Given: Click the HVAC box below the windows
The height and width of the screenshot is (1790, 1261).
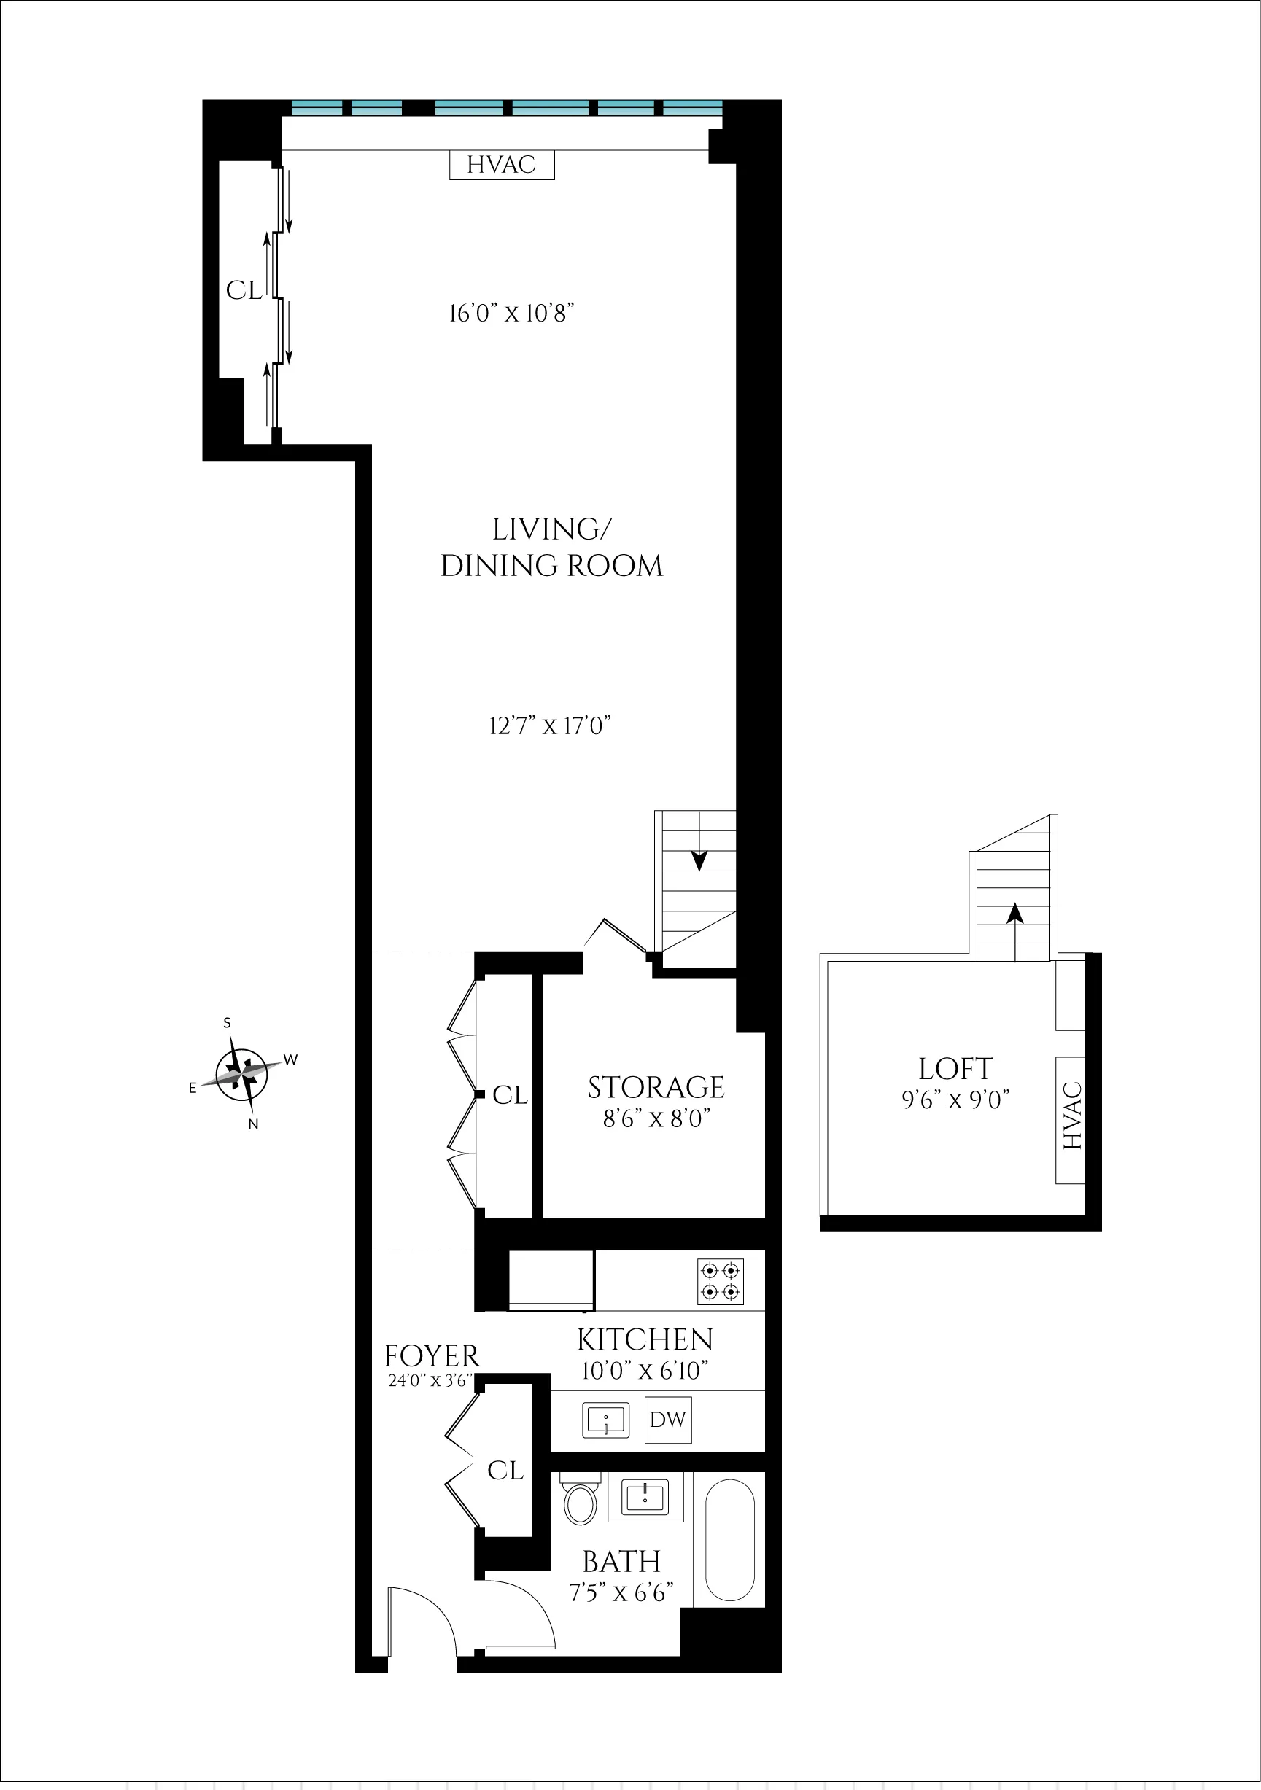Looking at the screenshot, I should coord(502,165).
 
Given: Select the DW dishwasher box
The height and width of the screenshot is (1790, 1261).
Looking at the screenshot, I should coord(667,1420).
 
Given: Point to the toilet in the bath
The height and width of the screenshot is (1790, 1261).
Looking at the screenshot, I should coord(581,1501).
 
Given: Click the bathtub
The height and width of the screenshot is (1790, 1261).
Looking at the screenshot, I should coord(729,1540).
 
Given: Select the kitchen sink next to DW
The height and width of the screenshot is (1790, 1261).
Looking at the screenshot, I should coord(605,1420).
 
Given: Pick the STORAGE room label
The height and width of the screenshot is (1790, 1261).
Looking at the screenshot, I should coord(656,1088).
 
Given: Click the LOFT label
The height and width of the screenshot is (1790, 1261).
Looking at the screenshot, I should coord(955,1069).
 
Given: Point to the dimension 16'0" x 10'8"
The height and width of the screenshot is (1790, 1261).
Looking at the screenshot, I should coord(511,314).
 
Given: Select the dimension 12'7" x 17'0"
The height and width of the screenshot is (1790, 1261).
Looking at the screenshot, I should coord(550,725).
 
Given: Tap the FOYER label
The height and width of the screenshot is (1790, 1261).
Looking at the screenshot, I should coord(431,1356).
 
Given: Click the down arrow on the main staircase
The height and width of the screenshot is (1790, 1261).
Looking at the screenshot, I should coord(699,858).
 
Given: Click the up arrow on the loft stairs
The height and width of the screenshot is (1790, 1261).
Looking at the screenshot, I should coord(1014,913).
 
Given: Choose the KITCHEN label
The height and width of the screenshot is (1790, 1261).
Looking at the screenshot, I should coord(645,1339).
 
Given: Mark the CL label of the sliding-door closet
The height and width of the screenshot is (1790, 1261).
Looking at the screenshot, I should coord(244,291).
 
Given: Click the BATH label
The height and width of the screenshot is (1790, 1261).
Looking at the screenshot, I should coord(621,1562).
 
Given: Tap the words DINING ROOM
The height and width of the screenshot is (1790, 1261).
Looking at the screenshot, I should coord(551,566).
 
